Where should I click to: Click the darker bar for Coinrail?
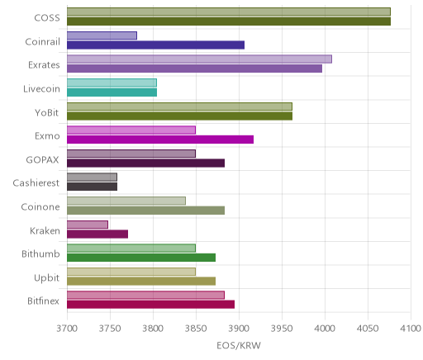click(155, 45)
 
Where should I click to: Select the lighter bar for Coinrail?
click(102, 36)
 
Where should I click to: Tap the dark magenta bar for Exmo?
click(160, 140)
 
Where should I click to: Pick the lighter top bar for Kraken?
click(88, 225)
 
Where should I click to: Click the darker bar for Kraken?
click(97, 234)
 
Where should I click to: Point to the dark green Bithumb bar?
click(141, 258)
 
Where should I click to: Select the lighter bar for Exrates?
click(199, 59)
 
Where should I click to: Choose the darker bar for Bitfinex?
click(150, 305)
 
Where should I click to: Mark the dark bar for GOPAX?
click(145, 163)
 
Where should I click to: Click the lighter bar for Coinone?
click(126, 201)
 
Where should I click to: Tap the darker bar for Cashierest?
click(92, 187)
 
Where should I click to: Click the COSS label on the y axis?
click(47, 18)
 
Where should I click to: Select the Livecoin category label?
click(41, 88)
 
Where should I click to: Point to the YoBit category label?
click(47, 112)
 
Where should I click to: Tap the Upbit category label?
click(46, 277)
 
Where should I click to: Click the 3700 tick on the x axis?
click(67, 329)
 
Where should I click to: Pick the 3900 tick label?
click(239, 329)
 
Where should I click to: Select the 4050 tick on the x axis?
click(368, 329)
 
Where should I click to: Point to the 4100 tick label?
click(411, 329)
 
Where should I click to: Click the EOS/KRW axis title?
click(239, 345)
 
